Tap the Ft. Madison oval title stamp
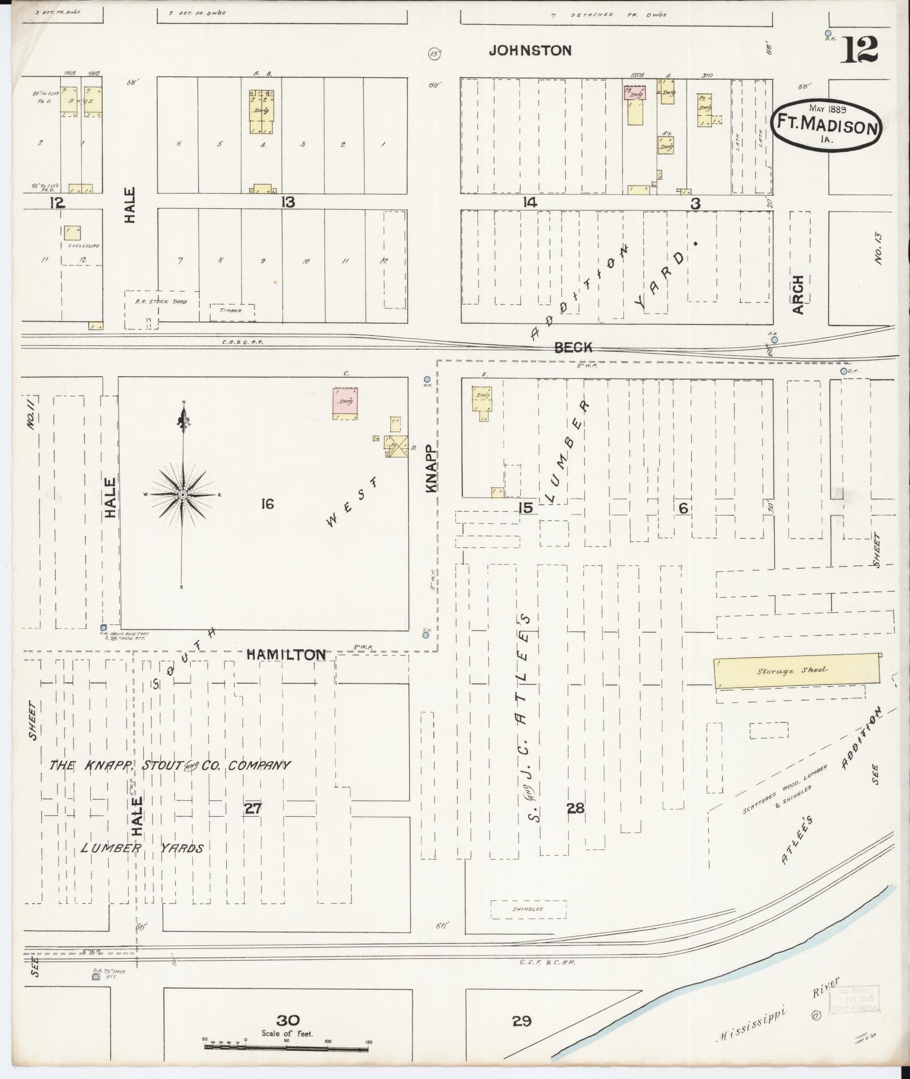(826, 126)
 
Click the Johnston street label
(530, 51)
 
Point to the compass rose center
(182, 495)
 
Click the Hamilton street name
(286, 654)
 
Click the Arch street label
(797, 295)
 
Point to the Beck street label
(573, 347)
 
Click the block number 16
(267, 504)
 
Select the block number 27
(252, 808)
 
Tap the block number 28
(575, 808)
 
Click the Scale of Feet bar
(287, 1047)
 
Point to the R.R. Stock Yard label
(161, 302)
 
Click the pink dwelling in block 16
(345, 403)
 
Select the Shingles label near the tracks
(528, 909)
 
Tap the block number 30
(288, 1020)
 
